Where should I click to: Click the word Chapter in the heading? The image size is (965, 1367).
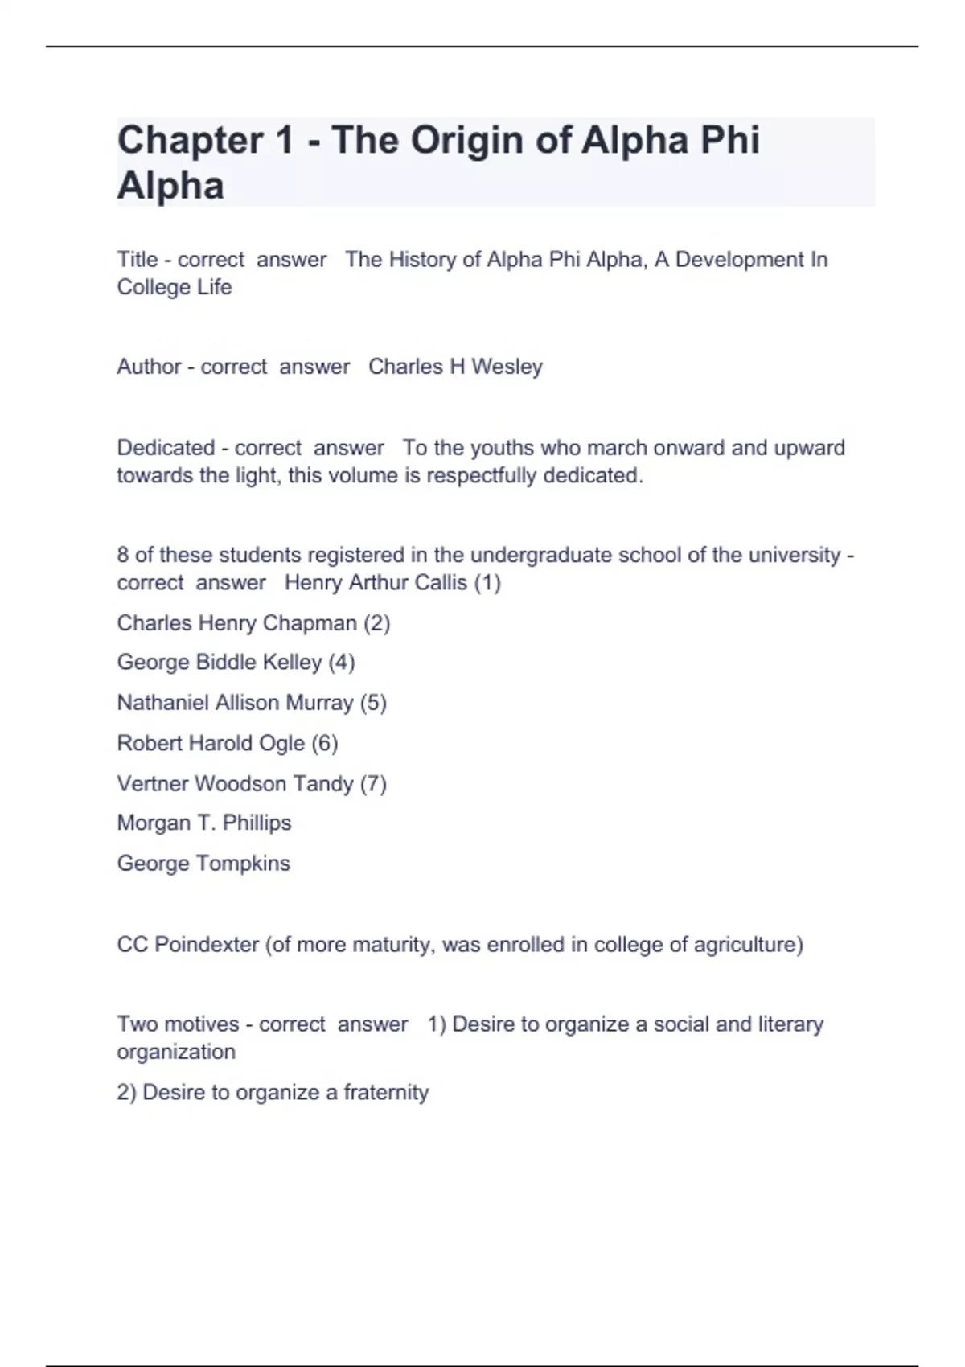click(x=190, y=141)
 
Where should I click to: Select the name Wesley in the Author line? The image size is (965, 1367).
click(x=507, y=367)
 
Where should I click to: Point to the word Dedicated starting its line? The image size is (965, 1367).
click(x=166, y=448)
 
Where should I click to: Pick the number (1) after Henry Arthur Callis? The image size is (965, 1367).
click(x=487, y=583)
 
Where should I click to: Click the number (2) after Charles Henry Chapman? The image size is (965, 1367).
click(x=376, y=623)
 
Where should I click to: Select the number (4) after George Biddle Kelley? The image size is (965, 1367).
click(x=341, y=663)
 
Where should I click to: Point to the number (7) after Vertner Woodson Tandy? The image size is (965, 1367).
click(x=373, y=783)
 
